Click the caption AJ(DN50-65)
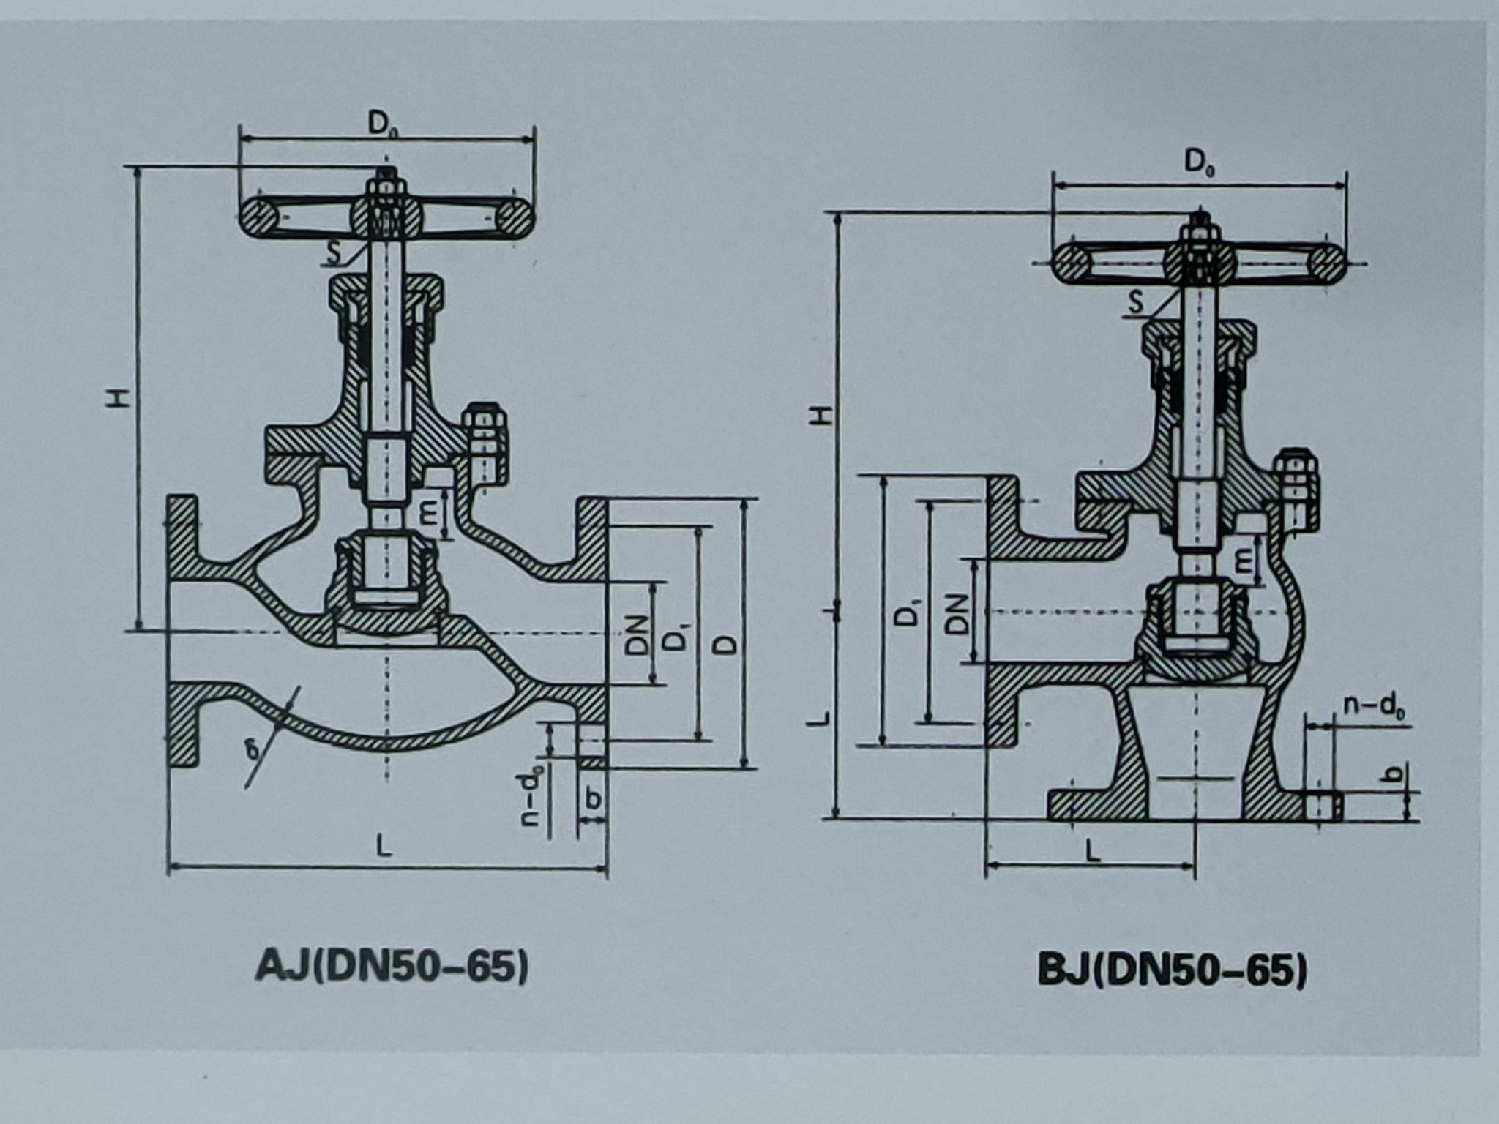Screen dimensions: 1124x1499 [x=392, y=967]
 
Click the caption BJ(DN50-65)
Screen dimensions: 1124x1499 [x=1172, y=971]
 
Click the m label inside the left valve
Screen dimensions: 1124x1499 [x=430, y=516]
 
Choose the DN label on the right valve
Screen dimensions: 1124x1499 [x=956, y=613]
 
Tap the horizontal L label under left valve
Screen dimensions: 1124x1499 [x=384, y=847]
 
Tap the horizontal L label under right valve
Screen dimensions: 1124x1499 [x=1092, y=850]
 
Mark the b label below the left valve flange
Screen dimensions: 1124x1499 [x=594, y=798]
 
